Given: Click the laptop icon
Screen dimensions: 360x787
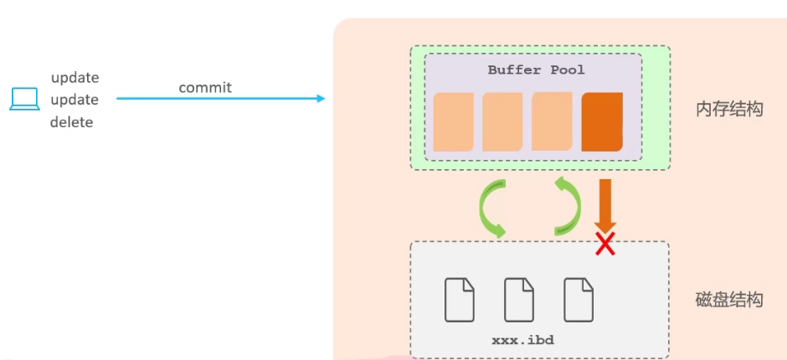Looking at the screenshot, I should tap(24, 100).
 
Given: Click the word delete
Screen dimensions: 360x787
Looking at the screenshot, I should tap(71, 122).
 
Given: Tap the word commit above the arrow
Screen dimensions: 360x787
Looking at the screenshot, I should tap(205, 87).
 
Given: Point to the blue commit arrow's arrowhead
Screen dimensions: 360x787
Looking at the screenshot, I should tap(321, 99).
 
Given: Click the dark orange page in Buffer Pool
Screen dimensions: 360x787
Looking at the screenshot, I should tap(602, 122).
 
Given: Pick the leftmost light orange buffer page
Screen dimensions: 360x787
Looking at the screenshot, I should tap(453, 122).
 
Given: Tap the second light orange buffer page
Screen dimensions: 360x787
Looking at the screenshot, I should tap(502, 122).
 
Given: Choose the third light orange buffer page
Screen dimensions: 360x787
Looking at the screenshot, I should tap(552, 122).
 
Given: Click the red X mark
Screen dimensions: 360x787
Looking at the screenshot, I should tap(604, 244).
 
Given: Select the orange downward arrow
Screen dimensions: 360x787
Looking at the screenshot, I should tap(604, 204).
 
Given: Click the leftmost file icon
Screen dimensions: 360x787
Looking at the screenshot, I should tap(459, 299).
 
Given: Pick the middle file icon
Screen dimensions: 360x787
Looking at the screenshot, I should tap(519, 299).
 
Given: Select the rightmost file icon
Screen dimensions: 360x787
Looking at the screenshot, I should tap(579, 299).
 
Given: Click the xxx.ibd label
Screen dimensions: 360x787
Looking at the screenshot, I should tap(522, 340).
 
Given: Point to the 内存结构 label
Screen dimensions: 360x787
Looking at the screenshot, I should tap(729, 109).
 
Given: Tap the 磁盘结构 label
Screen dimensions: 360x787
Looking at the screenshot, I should tap(729, 300).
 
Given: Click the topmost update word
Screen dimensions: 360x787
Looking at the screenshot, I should tap(75, 78).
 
